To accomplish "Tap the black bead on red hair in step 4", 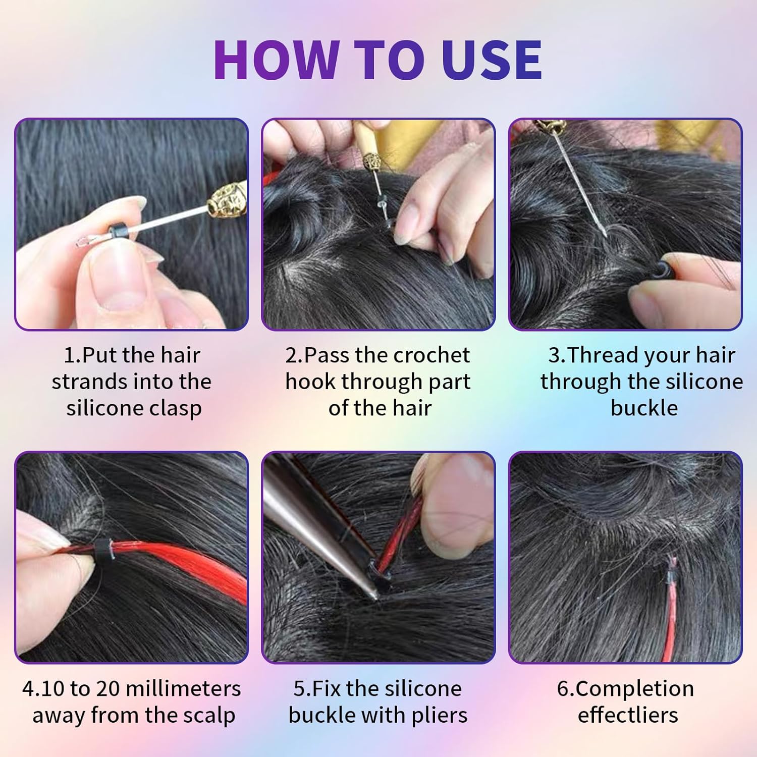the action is tap(103, 548).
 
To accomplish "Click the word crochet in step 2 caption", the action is tap(428, 355).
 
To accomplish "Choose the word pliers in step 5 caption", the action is tap(440, 716).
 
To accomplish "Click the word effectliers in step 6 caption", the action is tap(628, 715).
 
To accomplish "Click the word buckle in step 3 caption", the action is tap(644, 408).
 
